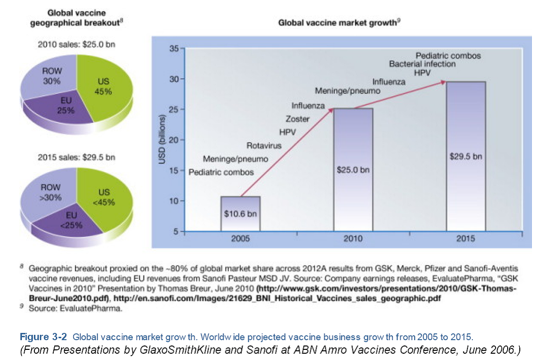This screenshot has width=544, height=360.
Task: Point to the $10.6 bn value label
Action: click(241, 214)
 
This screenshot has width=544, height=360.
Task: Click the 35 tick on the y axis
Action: click(174, 49)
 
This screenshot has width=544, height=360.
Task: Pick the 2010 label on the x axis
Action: click(353, 239)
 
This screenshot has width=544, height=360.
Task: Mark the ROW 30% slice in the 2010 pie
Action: click(52, 77)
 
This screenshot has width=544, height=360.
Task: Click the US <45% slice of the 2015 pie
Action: click(104, 198)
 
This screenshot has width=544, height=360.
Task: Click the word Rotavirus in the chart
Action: click(264, 145)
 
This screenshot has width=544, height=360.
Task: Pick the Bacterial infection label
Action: click(422, 64)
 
